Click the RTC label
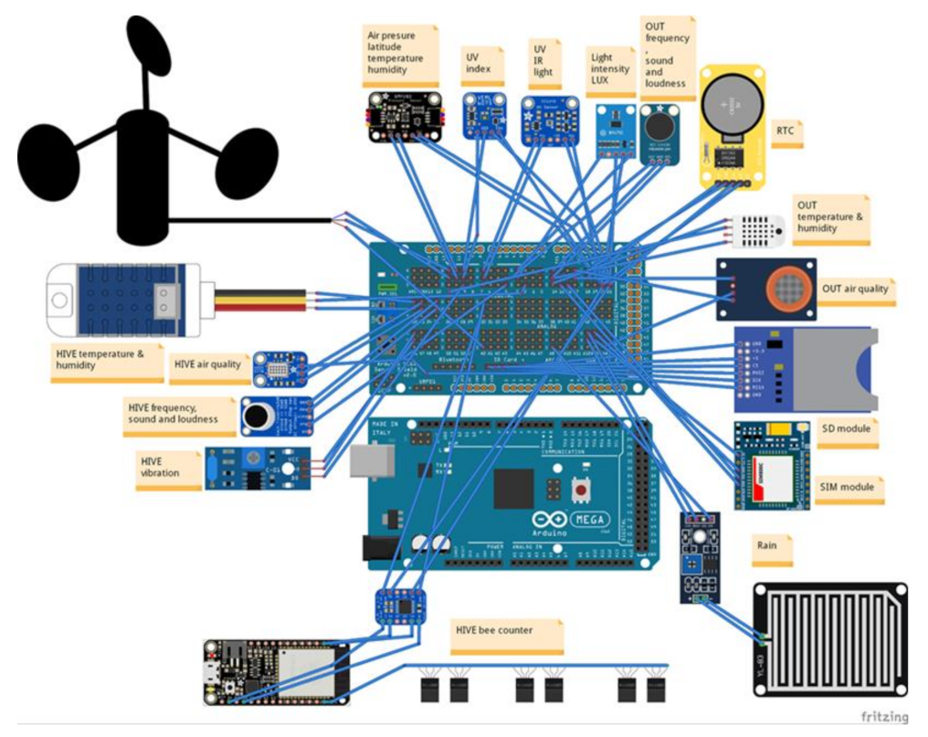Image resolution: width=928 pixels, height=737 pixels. (x=785, y=131)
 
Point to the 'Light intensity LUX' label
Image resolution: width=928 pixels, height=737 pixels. (x=609, y=69)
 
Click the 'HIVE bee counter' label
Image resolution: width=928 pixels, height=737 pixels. (x=494, y=629)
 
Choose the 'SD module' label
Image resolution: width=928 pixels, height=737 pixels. (x=846, y=428)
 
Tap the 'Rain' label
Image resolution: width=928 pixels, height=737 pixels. (x=767, y=545)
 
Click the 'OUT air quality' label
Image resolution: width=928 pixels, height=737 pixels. (x=854, y=289)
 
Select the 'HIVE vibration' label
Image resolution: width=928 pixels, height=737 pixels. (x=159, y=467)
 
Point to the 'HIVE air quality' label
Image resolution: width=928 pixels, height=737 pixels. (x=206, y=364)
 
